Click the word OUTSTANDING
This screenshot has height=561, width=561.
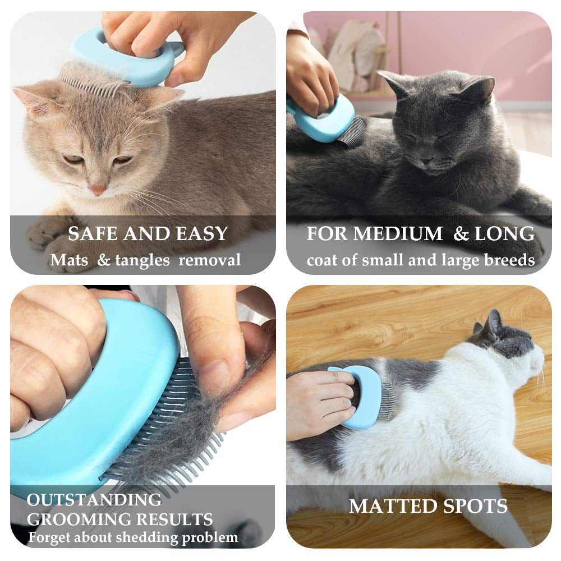click(x=94, y=500)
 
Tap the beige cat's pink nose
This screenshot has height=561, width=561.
click(x=99, y=191)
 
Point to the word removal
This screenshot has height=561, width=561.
click(x=210, y=260)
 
